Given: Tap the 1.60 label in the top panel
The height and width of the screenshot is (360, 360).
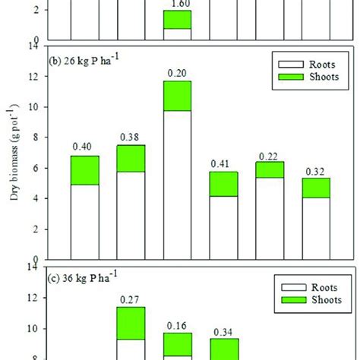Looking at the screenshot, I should tap(177, 4).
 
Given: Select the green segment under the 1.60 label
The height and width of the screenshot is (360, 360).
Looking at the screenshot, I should tap(177, 19).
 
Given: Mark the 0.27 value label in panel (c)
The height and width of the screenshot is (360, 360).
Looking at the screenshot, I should tap(131, 299).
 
